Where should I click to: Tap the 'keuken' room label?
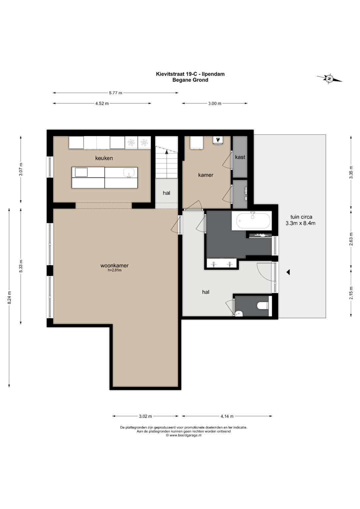tap(104, 158)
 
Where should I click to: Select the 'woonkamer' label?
tap(114, 265)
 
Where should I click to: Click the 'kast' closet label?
tap(240, 157)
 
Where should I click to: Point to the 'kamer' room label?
tap(206, 175)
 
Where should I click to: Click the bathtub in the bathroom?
tap(253, 221)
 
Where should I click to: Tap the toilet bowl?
tap(263, 306)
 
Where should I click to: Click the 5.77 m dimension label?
tap(115, 93)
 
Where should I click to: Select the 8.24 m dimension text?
tap(9, 297)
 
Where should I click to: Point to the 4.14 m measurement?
tap(227, 416)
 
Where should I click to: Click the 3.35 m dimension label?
tap(351, 172)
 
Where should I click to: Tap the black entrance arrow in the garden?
tap(288, 272)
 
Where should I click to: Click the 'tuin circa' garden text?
tap(301, 217)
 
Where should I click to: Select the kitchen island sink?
tap(128, 173)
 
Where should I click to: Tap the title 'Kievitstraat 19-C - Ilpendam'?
tap(190, 74)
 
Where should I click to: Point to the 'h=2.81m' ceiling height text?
tap(115, 270)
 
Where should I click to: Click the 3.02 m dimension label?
tap(145, 416)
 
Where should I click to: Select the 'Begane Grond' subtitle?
tap(190, 80)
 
